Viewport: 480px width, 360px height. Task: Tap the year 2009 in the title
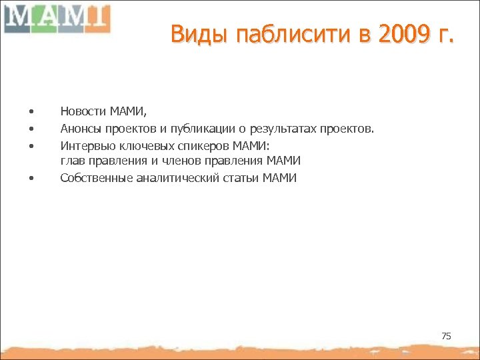401,34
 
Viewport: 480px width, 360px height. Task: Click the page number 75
446,336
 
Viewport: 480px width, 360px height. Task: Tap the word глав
71,161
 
